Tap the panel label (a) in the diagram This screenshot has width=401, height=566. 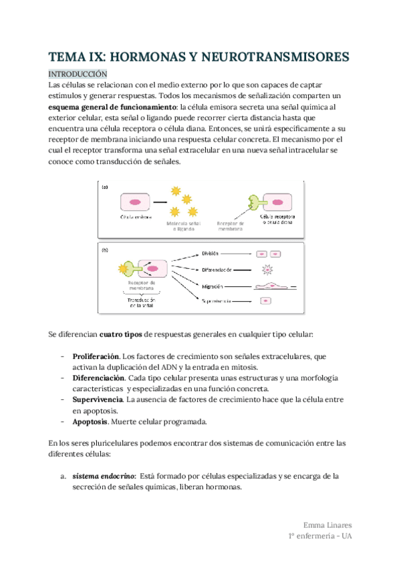pos(105,188)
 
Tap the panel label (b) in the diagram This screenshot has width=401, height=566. pos(105,251)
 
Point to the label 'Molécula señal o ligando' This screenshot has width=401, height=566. pos(182,226)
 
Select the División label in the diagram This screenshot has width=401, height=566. pos(211,254)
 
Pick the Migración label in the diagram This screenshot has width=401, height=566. pos(214,286)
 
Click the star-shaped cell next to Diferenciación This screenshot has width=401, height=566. pos(267,270)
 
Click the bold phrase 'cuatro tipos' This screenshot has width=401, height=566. pos(121,334)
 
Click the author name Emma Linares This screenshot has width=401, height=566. pos(327,525)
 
